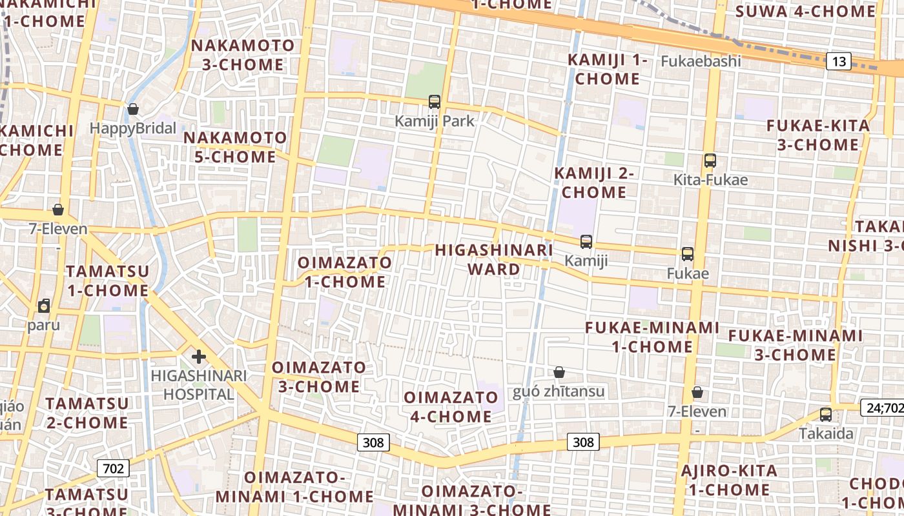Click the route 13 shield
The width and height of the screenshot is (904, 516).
(839, 62)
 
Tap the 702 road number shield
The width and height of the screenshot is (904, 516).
(113, 468)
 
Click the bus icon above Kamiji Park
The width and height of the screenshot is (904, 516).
(435, 101)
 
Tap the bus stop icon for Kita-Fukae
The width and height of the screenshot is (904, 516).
(710, 161)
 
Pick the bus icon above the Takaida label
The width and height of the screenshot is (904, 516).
(826, 415)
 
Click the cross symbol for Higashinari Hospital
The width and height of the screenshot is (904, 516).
(199, 356)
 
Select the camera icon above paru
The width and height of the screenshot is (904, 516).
(44, 306)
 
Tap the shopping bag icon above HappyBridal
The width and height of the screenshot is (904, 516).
(133, 109)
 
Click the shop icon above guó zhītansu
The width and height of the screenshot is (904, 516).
(559, 372)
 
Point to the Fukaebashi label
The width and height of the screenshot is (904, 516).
(701, 61)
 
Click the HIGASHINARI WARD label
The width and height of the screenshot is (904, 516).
(494, 259)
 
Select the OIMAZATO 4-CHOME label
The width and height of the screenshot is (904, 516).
(451, 407)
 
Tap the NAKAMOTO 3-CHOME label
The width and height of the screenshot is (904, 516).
(243, 55)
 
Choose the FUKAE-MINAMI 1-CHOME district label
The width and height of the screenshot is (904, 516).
(652, 337)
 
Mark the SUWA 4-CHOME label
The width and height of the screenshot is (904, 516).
(805, 11)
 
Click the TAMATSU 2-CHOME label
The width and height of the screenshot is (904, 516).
(87, 413)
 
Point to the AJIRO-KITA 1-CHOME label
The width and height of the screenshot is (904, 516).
(729, 481)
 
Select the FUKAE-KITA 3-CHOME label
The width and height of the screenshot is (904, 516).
(818, 135)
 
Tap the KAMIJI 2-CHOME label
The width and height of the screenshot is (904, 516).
(594, 183)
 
